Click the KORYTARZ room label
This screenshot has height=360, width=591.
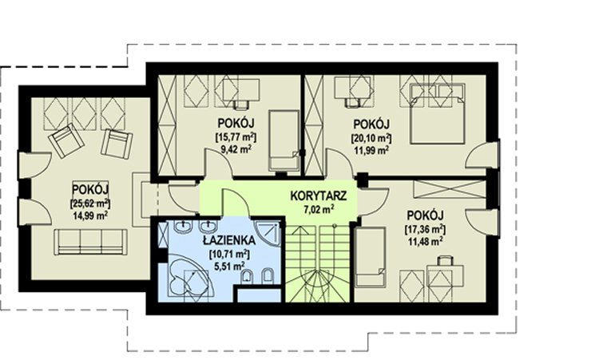pos(319,196)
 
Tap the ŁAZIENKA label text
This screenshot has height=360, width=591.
pos(228,240)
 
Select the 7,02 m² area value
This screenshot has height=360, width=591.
pos(319,209)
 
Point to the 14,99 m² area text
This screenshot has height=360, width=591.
pos(90,216)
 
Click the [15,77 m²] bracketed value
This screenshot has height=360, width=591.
pos(236,136)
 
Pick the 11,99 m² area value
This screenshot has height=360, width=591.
pos(371,150)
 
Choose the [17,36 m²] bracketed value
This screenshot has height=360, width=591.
pos(425,228)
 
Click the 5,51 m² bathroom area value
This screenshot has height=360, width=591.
pos(228,267)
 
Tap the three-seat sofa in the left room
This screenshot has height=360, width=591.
pos(90,242)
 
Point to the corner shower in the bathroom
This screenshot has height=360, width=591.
pos(267,232)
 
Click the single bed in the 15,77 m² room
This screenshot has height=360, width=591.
pos(284,140)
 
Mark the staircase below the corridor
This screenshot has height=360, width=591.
pos(319,263)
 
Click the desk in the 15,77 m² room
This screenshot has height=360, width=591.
pos(241,89)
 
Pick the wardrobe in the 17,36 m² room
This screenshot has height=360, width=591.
pos(450,189)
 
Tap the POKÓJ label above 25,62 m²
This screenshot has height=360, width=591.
pos(90,188)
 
